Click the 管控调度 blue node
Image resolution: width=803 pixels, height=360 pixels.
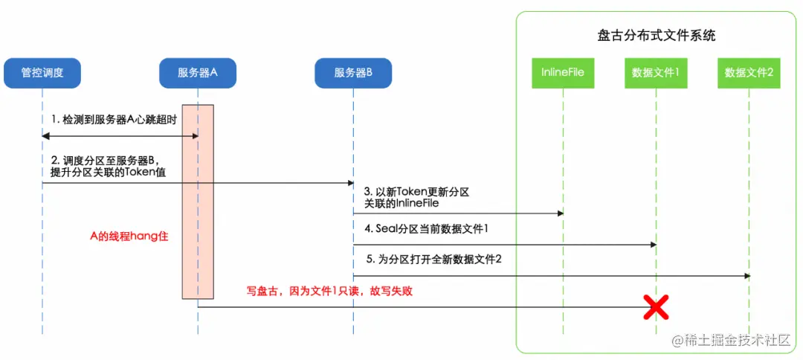(x=42, y=73)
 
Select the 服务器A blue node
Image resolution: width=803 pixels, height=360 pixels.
(x=197, y=73)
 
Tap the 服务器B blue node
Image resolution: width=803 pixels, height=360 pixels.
(x=352, y=73)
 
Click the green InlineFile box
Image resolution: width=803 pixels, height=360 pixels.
(x=562, y=73)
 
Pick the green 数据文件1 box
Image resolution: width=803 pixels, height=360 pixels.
(x=655, y=73)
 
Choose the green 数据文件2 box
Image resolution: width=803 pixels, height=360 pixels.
(x=749, y=73)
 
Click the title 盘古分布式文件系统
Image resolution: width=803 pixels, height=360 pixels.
(x=656, y=35)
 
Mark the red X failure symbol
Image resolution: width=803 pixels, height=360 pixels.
(x=655, y=306)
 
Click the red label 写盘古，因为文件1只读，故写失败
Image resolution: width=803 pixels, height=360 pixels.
(x=329, y=292)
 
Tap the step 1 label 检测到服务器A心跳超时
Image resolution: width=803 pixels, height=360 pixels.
(x=114, y=120)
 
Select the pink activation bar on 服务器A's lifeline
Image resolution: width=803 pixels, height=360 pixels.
(x=198, y=202)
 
